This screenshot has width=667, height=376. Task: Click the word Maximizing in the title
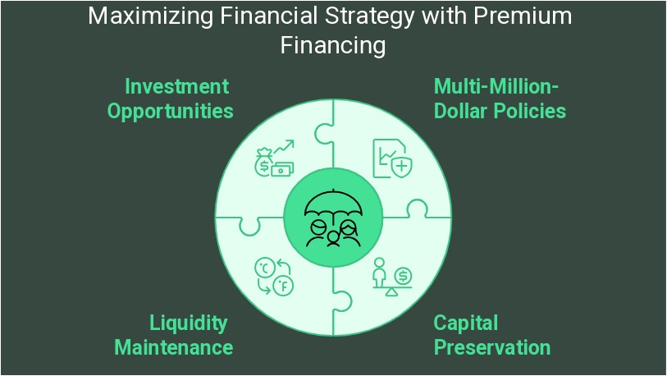click(x=151, y=16)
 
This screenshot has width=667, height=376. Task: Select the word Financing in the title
click(x=333, y=45)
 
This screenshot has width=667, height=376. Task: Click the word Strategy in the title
click(x=369, y=17)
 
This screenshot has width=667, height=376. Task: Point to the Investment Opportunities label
click(x=170, y=99)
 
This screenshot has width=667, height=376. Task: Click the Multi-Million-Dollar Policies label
click(x=500, y=99)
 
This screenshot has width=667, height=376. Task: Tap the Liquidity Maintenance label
click(x=174, y=336)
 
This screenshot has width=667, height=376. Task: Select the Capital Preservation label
click(x=491, y=336)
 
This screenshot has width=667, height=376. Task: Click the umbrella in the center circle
click(x=334, y=204)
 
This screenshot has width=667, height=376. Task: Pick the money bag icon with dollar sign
click(x=264, y=163)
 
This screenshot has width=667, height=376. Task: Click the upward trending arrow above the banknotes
click(x=284, y=146)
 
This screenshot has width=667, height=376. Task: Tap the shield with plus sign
click(x=401, y=167)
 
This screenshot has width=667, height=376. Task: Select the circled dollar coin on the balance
click(x=403, y=276)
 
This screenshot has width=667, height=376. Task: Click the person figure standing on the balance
click(x=379, y=273)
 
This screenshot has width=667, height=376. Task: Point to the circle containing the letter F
click(x=283, y=286)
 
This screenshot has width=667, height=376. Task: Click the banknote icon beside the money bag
click(x=282, y=169)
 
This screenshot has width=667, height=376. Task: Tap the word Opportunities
click(x=170, y=112)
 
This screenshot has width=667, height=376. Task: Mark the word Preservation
click(x=492, y=347)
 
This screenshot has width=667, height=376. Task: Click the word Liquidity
click(x=189, y=323)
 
